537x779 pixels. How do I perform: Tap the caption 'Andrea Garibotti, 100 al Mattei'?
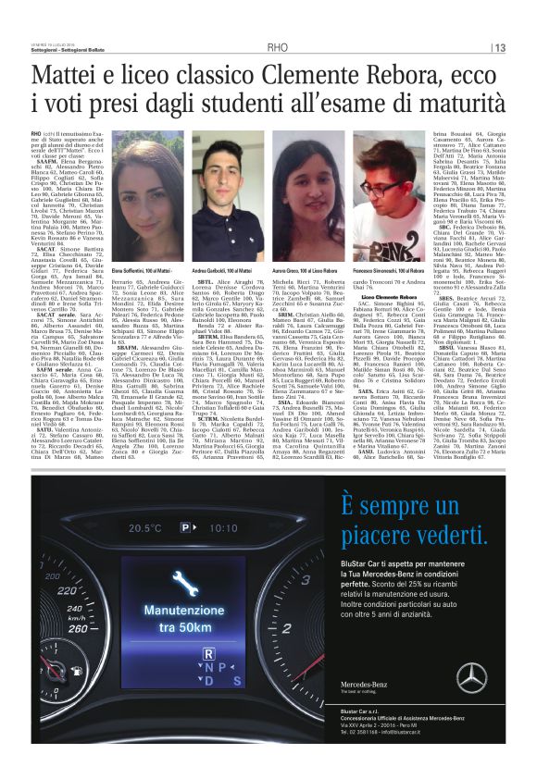pos(226,268)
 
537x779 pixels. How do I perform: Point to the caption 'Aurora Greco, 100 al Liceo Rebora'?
pos(304,268)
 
